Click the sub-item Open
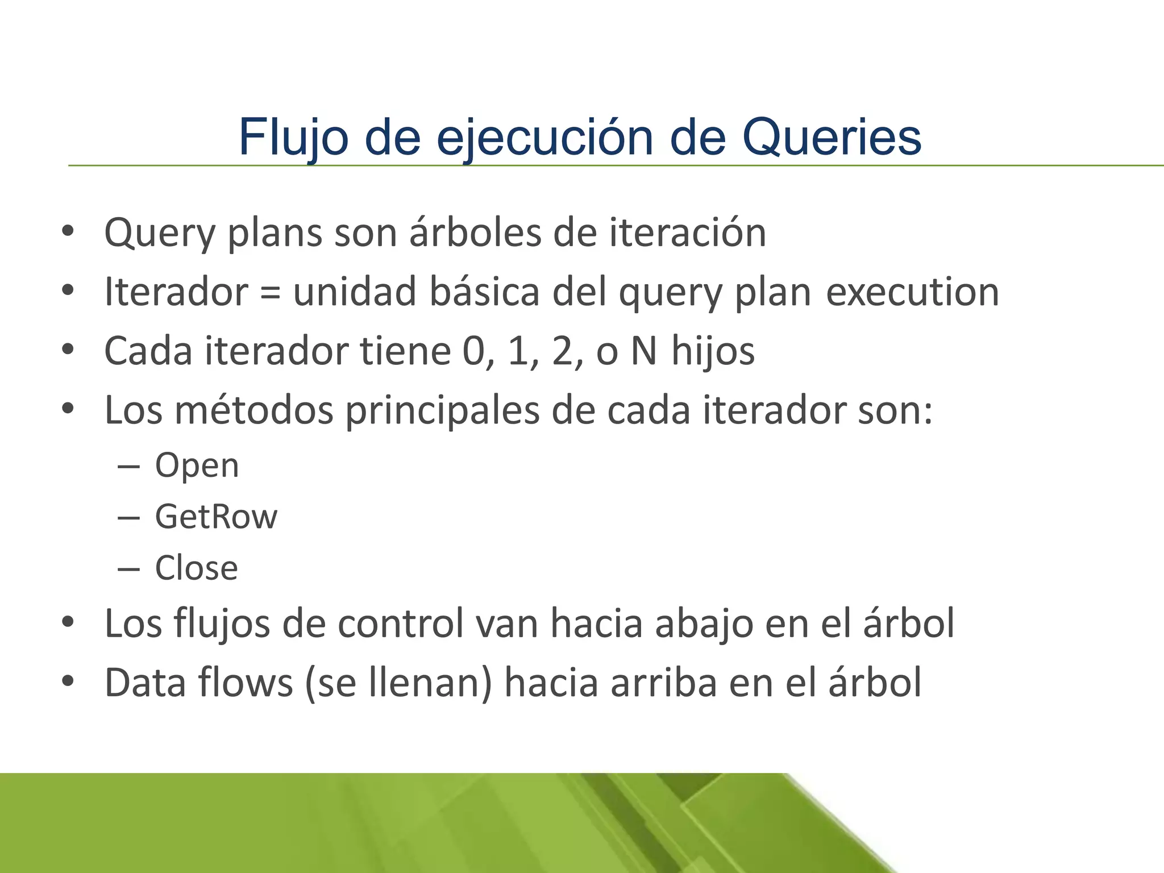[197, 465]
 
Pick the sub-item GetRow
[216, 517]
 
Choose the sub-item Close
[196, 568]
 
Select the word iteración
[688, 232]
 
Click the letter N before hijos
[644, 351]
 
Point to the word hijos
[713, 351]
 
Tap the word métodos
[253, 410]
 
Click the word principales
[442, 410]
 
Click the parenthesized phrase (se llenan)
[398, 682]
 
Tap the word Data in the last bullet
[145, 682]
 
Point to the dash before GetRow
[129, 518]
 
